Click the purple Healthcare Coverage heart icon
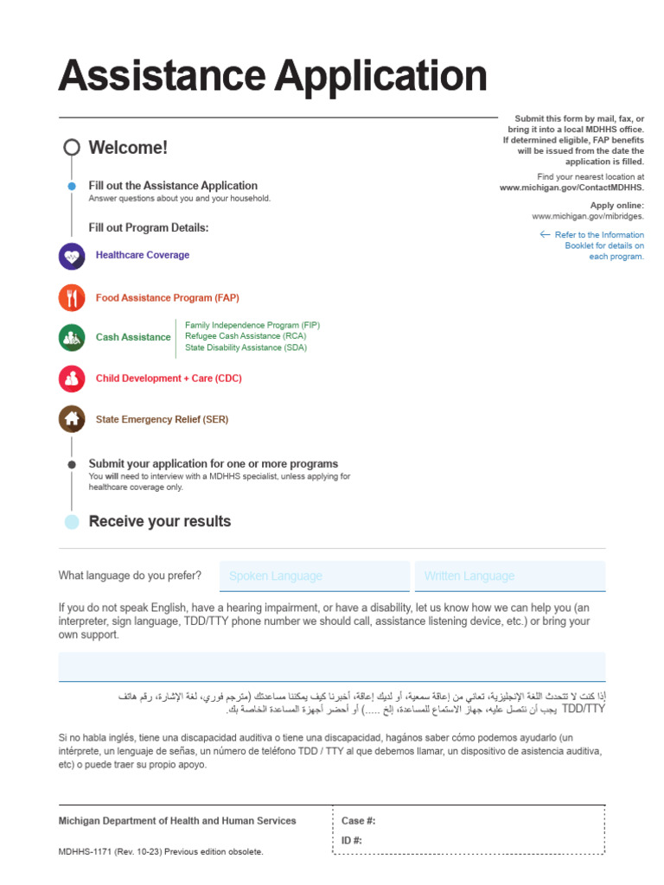pos(72,256)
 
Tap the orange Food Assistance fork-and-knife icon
pos(72,298)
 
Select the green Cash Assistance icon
pos(72,337)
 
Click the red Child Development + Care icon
pos(72,379)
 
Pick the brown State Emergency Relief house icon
pos(72,419)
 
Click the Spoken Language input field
pos(314,576)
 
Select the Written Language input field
pos(510,576)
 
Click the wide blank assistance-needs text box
pos(332,667)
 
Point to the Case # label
pos(359,821)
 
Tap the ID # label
pos(353,841)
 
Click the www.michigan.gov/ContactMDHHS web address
pos(571,188)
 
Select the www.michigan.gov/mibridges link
pos(587,217)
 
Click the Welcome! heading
pos(128,148)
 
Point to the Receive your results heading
pos(160,521)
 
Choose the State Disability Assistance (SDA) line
pos(246,347)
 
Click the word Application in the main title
pos(381,76)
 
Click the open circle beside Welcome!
pos(72,147)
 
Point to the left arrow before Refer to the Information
pos(545,234)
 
